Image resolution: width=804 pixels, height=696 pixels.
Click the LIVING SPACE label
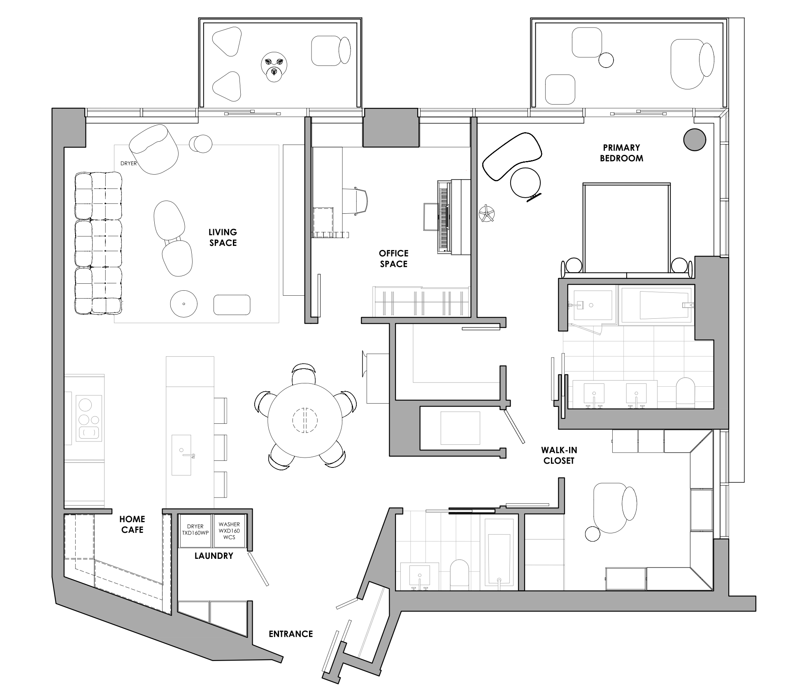[x=223, y=238]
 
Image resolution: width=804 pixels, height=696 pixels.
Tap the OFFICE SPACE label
[x=393, y=259]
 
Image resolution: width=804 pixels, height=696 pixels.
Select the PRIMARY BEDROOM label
[x=621, y=153]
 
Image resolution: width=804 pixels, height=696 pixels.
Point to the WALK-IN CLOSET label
[x=559, y=455]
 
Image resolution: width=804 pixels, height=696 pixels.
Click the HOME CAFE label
[x=132, y=524]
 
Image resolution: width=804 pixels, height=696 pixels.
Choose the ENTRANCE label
[x=290, y=634]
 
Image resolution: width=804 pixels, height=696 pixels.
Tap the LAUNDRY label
[x=214, y=556]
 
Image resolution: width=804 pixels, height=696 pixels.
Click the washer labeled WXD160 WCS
[x=229, y=530]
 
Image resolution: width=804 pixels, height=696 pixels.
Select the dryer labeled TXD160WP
[x=195, y=530]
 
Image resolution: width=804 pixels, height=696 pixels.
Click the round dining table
[x=305, y=420]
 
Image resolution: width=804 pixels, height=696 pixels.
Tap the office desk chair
[x=354, y=201]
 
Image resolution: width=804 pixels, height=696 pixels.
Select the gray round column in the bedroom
[x=695, y=140]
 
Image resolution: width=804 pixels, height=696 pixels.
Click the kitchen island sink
[x=181, y=454]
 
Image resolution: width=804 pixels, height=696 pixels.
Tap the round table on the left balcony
[x=274, y=66]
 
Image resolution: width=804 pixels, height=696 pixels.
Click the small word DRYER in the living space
[x=128, y=163]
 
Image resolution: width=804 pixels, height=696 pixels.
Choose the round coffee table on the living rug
[x=184, y=304]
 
